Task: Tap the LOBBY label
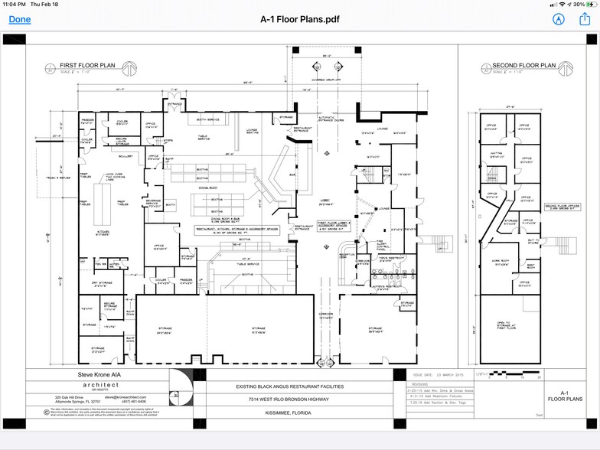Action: click(x=327, y=201)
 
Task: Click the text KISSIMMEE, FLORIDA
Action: click(x=300, y=416)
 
